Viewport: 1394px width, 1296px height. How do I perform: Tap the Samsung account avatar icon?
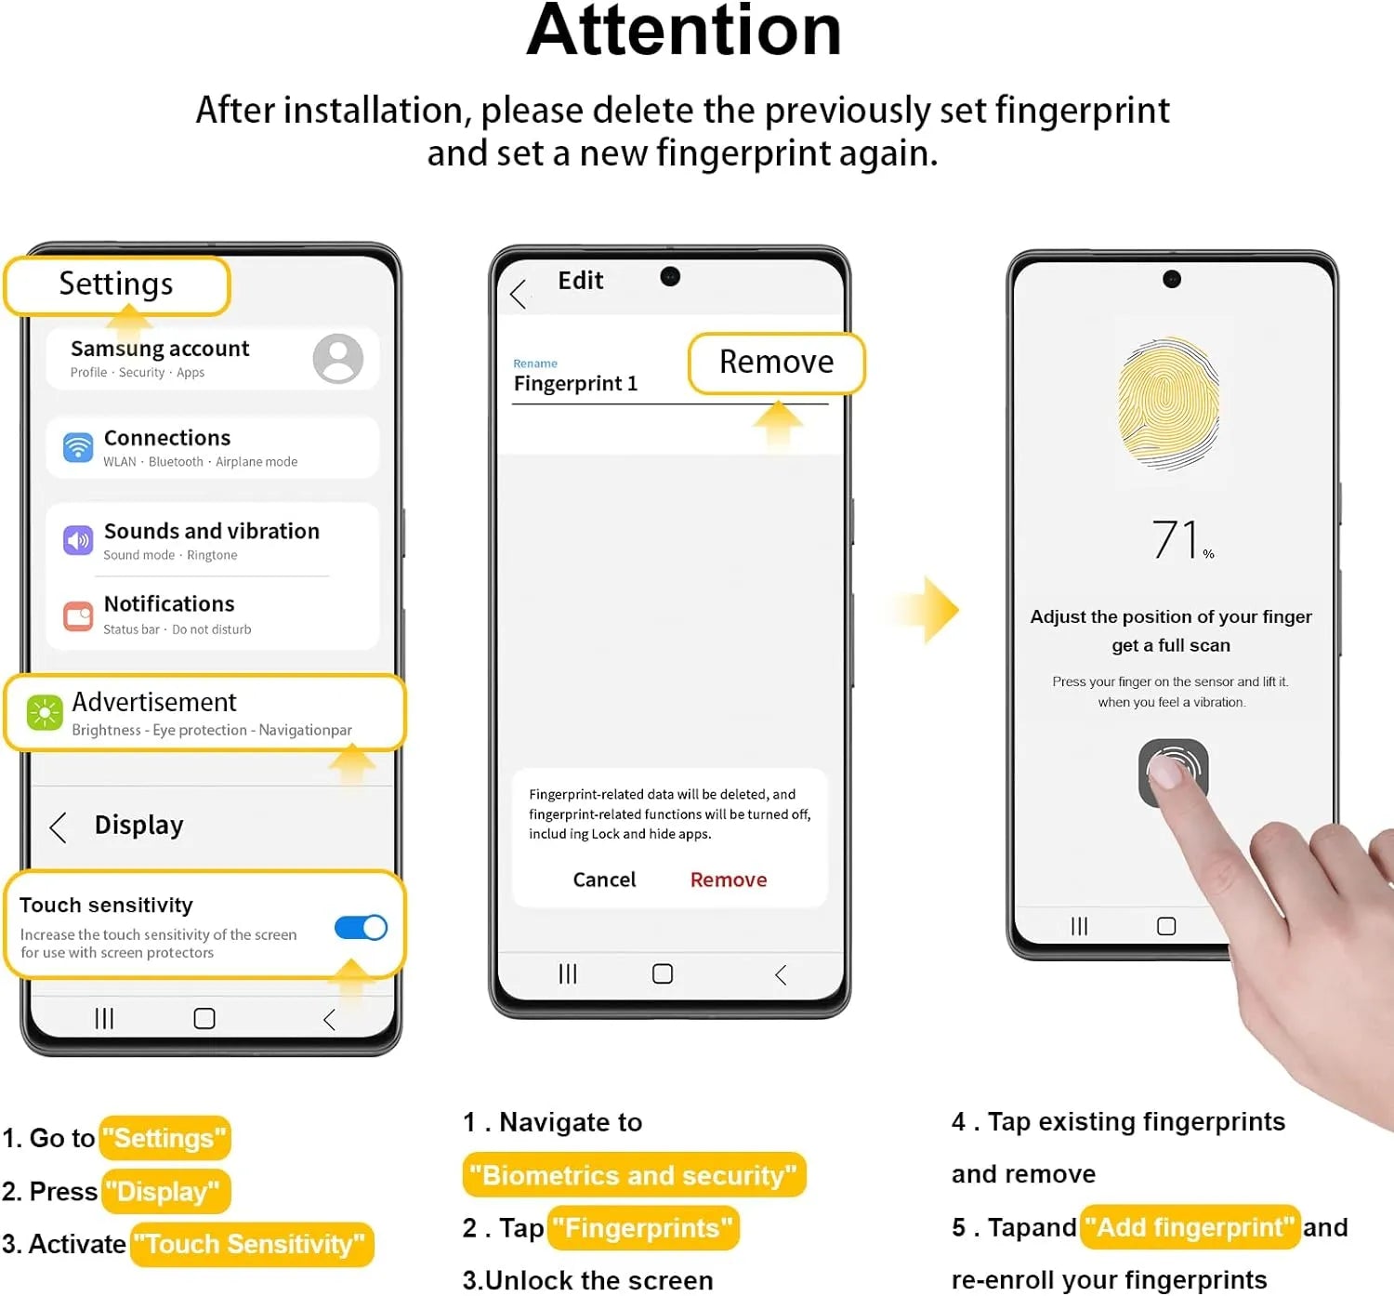click(337, 358)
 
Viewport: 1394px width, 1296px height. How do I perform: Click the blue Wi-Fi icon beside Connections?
click(78, 447)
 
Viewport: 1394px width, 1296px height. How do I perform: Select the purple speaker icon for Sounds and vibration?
click(78, 540)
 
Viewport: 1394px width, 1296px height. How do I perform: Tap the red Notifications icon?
click(78, 616)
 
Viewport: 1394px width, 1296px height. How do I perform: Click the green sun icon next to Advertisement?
click(45, 712)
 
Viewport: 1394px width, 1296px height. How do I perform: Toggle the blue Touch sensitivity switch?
click(361, 927)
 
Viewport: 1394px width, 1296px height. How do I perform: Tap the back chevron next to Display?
click(59, 827)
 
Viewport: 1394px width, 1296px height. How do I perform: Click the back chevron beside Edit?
click(518, 294)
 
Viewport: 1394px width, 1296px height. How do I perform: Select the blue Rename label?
click(535, 364)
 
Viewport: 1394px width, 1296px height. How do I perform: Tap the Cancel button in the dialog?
click(604, 879)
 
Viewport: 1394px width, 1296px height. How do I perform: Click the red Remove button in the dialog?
click(729, 879)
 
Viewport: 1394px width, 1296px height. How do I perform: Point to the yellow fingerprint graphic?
click(1169, 403)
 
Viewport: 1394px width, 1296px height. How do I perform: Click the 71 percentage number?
click(1176, 539)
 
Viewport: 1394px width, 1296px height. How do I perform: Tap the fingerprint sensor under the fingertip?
click(1173, 772)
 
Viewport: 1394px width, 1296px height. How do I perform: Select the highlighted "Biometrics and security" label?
click(634, 1175)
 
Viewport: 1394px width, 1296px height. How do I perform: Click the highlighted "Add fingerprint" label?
click(1190, 1227)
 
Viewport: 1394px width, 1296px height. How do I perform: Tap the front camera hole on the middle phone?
click(670, 277)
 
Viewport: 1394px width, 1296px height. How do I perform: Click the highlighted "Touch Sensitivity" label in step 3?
click(252, 1244)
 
